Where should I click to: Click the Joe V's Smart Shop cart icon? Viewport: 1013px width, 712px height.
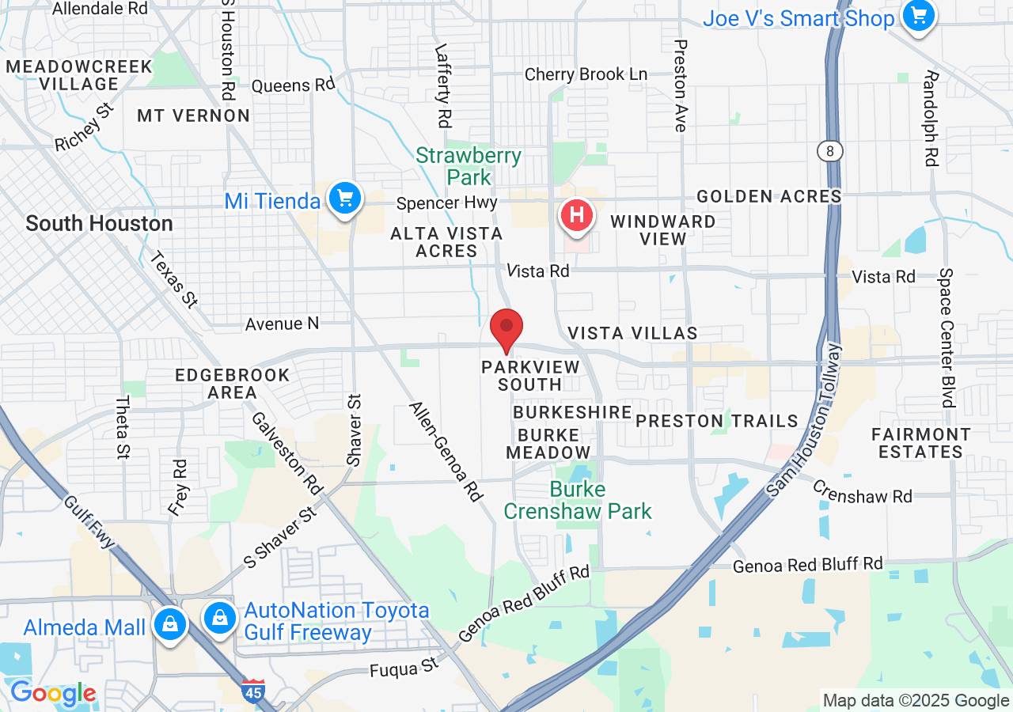coord(918,16)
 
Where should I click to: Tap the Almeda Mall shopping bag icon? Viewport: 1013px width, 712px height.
coord(169,623)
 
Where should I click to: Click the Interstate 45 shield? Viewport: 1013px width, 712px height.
coord(253,690)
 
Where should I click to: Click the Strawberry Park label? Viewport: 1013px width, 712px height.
coord(469,165)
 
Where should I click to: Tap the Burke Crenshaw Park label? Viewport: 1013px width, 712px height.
coord(578,500)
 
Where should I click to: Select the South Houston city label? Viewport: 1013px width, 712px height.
coord(99,224)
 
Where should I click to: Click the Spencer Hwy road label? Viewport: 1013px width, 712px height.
coord(446,203)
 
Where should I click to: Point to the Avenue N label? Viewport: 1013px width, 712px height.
coord(282,324)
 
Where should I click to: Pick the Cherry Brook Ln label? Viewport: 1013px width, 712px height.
coord(586,74)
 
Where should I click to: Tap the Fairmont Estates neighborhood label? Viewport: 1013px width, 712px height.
coord(920,443)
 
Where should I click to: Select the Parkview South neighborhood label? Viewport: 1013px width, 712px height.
coord(530,376)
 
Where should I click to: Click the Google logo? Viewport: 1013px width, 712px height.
coord(52,694)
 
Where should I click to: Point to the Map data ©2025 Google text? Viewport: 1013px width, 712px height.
coord(916,700)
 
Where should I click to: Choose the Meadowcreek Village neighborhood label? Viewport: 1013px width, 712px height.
coord(78,75)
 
